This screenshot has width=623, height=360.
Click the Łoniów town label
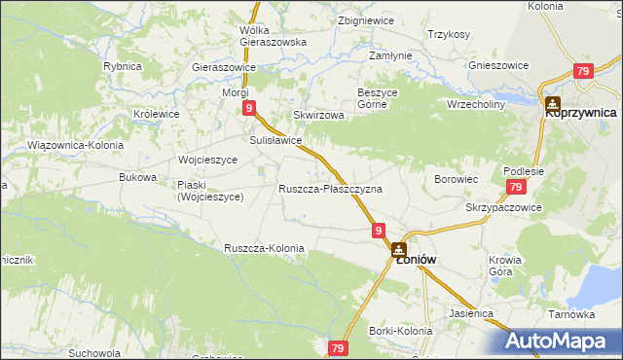pos(414,261)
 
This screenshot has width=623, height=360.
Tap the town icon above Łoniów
pos(400,250)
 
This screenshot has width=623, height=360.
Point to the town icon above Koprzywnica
pos(553,102)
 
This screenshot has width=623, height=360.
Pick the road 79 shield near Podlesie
pos(516,188)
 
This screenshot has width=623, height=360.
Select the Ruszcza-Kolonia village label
pos(264,248)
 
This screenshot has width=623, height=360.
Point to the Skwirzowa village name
pos(319,115)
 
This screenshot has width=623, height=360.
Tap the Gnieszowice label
pos(498,65)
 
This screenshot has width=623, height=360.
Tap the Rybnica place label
pos(123,66)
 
